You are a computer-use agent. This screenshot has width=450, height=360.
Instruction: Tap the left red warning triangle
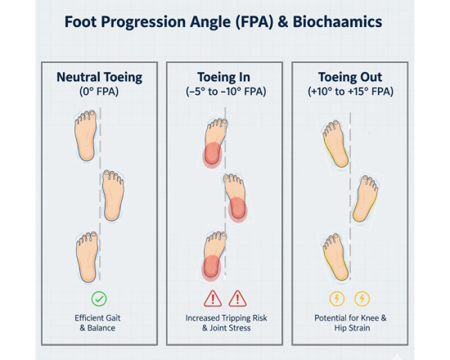[213, 299]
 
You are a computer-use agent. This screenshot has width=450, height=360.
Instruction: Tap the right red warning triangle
[237, 299]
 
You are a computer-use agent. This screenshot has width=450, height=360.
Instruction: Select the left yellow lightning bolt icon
[336, 299]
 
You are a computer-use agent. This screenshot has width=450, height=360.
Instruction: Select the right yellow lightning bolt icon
[362, 299]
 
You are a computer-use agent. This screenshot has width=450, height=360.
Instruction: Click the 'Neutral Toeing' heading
[99, 78]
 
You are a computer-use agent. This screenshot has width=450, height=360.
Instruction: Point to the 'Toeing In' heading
[224, 78]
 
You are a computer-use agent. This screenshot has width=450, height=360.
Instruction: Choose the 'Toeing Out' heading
[349, 78]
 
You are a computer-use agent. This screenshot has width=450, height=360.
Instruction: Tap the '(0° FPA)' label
[99, 94]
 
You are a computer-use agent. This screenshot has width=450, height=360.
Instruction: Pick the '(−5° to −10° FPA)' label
[224, 94]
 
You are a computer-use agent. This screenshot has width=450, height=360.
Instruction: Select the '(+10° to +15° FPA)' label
[349, 94]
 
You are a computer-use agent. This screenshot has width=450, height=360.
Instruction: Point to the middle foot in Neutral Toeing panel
[113, 195]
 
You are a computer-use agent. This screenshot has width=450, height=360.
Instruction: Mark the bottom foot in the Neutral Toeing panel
[87, 256]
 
